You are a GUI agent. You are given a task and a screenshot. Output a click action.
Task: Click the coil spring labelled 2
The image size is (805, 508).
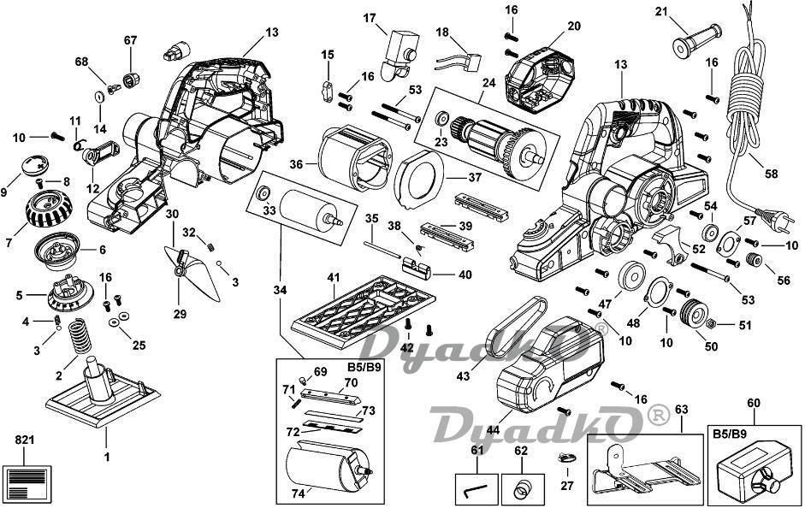tap(80, 335)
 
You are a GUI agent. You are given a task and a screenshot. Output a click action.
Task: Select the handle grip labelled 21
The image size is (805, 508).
tap(696, 39)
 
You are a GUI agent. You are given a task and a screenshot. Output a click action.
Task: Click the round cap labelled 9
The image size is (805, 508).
tap(35, 164)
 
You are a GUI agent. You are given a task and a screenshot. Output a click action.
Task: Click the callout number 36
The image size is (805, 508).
tap(296, 164)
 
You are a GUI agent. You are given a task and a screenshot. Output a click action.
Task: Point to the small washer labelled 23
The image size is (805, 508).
tap(441, 120)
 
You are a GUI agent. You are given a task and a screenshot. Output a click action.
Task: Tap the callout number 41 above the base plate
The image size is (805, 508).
tap(334, 278)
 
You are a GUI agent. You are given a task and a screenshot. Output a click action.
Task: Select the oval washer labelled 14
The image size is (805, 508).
tap(98, 97)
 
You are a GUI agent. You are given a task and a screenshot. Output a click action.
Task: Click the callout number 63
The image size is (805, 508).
tap(681, 409)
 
